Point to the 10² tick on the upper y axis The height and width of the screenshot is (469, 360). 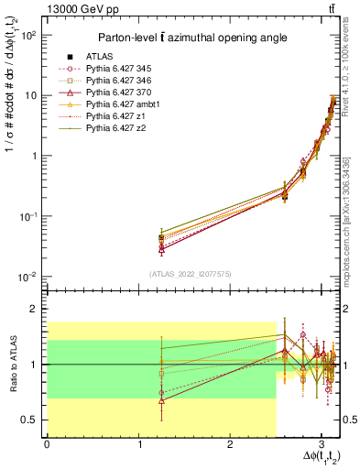pos(29,35)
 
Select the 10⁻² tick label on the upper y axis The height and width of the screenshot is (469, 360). pos(29,277)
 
